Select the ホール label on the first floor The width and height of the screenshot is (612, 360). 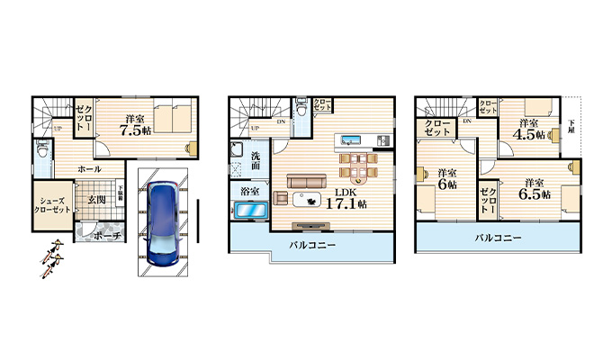pos(88,169)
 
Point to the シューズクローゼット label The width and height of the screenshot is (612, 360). pos(54,203)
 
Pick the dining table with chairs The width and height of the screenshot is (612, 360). pos(358,165)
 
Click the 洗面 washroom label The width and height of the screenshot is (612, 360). pos(255,162)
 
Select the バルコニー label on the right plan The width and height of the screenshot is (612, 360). pos(495,238)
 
